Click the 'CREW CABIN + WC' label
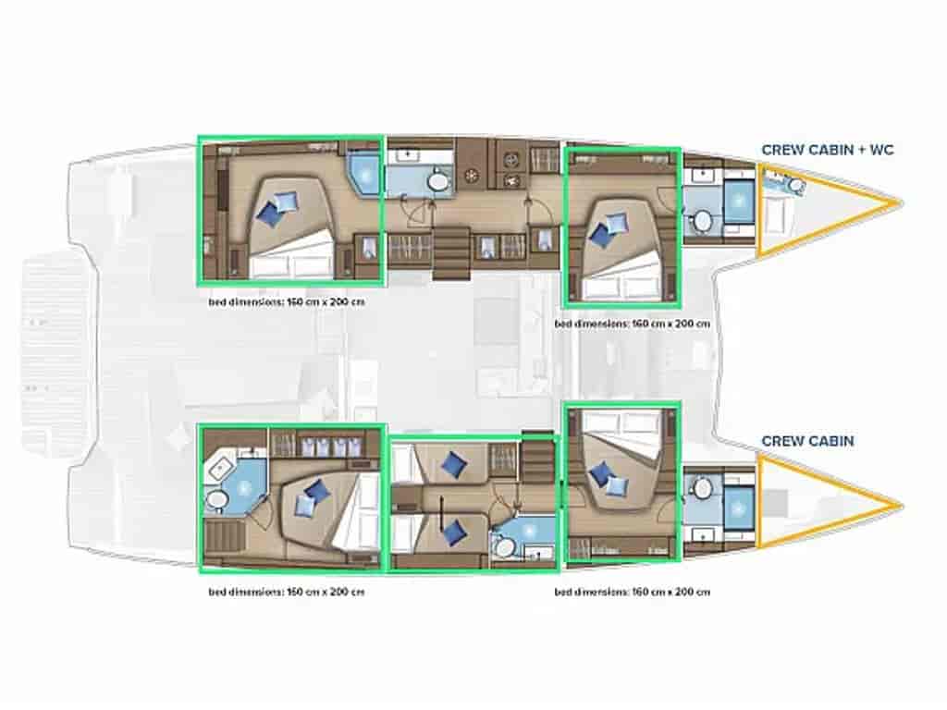click(828, 150)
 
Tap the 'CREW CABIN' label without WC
click(807, 441)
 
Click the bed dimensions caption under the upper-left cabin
click(287, 301)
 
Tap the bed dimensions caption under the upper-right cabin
click(632, 324)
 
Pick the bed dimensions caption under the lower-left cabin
click(287, 593)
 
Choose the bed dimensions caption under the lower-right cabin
click(632, 593)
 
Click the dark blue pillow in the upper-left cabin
click(269, 214)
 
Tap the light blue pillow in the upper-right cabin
click(616, 224)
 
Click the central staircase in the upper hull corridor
click(451, 253)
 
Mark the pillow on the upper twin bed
click(453, 464)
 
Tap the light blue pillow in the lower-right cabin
click(616, 485)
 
